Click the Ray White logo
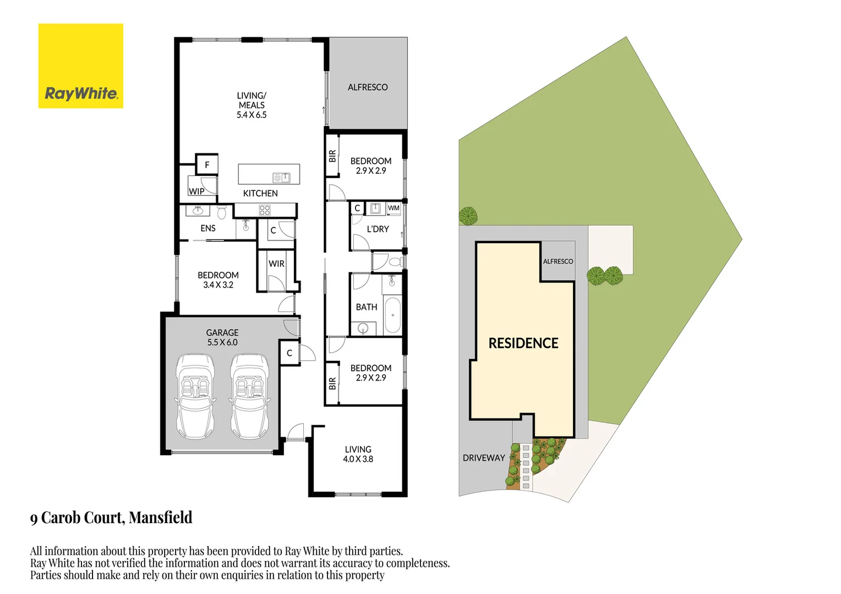pyautogui.click(x=81, y=66)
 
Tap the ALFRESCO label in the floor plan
pyautogui.click(x=368, y=87)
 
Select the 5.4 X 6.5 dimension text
pyautogui.click(x=252, y=115)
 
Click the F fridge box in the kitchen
pyautogui.click(x=207, y=164)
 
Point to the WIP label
pyautogui.click(x=196, y=191)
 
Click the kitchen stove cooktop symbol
pyautogui.click(x=265, y=210)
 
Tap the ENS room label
pyautogui.click(x=208, y=228)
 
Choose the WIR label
pyautogui.click(x=276, y=264)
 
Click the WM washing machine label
pyautogui.click(x=394, y=208)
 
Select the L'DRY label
pyautogui.click(x=378, y=229)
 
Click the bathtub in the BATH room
pyautogui.click(x=392, y=315)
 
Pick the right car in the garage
pyautogui.click(x=249, y=396)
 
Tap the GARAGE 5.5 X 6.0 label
pyautogui.click(x=222, y=337)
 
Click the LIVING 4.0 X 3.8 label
pyautogui.click(x=358, y=454)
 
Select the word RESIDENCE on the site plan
pyautogui.click(x=523, y=343)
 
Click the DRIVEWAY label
pyautogui.click(x=484, y=458)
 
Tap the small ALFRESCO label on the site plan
pyautogui.click(x=558, y=261)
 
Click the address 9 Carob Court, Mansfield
pyautogui.click(x=111, y=518)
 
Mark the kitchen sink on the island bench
pyautogui.click(x=282, y=177)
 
